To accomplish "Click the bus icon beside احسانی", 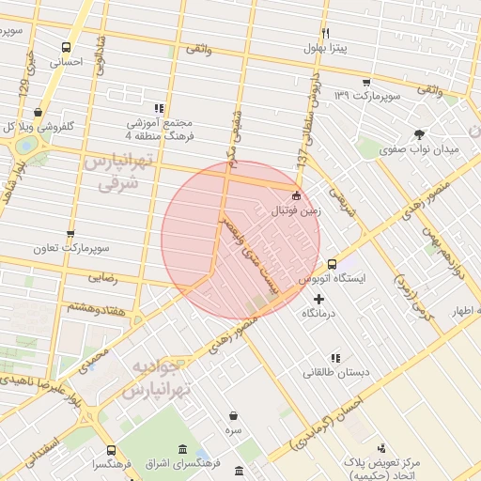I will click(x=66, y=47).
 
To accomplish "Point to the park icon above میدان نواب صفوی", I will click(x=418, y=133).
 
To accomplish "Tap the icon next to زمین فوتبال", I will click(x=297, y=196).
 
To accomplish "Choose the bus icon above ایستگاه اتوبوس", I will click(x=332, y=264).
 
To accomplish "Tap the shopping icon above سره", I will click(x=233, y=414).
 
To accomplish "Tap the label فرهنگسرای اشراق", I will click(x=184, y=463).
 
